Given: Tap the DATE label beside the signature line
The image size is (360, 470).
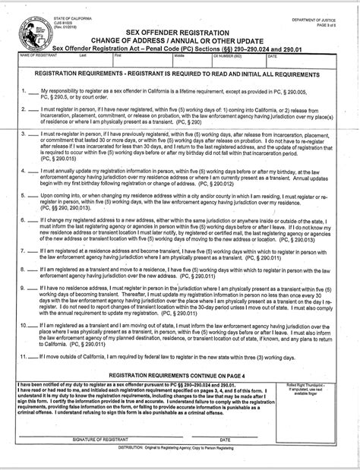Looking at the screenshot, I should (225, 440).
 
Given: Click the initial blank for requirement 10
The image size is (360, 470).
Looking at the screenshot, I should (33, 323).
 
